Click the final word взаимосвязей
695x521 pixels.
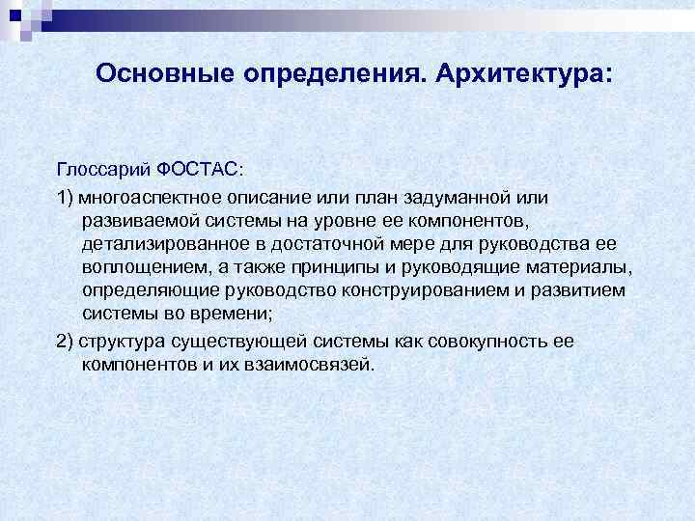click(x=318, y=365)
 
